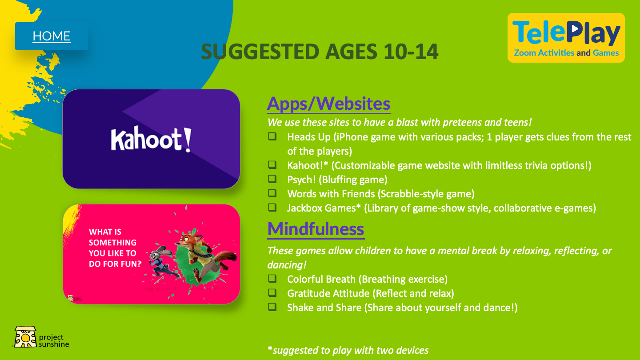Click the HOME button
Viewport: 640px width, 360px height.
tap(52, 36)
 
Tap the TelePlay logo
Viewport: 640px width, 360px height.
tap(566, 38)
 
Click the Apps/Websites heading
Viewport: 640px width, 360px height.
tap(328, 104)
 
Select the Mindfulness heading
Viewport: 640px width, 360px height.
tap(316, 229)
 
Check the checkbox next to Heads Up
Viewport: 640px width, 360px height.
tap(272, 136)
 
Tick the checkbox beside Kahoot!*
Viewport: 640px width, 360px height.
tap(272, 165)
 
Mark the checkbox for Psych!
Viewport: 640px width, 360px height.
tap(272, 179)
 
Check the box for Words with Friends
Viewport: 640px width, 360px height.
tap(272, 193)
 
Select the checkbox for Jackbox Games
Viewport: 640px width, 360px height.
tap(272, 208)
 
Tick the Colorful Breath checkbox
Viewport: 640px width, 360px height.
tap(272, 279)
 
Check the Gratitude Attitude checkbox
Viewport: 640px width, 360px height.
tap(272, 293)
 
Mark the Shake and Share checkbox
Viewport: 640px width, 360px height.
tap(272, 307)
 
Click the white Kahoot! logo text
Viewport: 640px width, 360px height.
tap(151, 139)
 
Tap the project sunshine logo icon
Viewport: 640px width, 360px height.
tap(25, 337)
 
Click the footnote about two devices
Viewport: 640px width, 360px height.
tap(348, 350)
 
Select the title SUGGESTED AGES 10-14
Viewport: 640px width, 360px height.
tap(320, 52)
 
